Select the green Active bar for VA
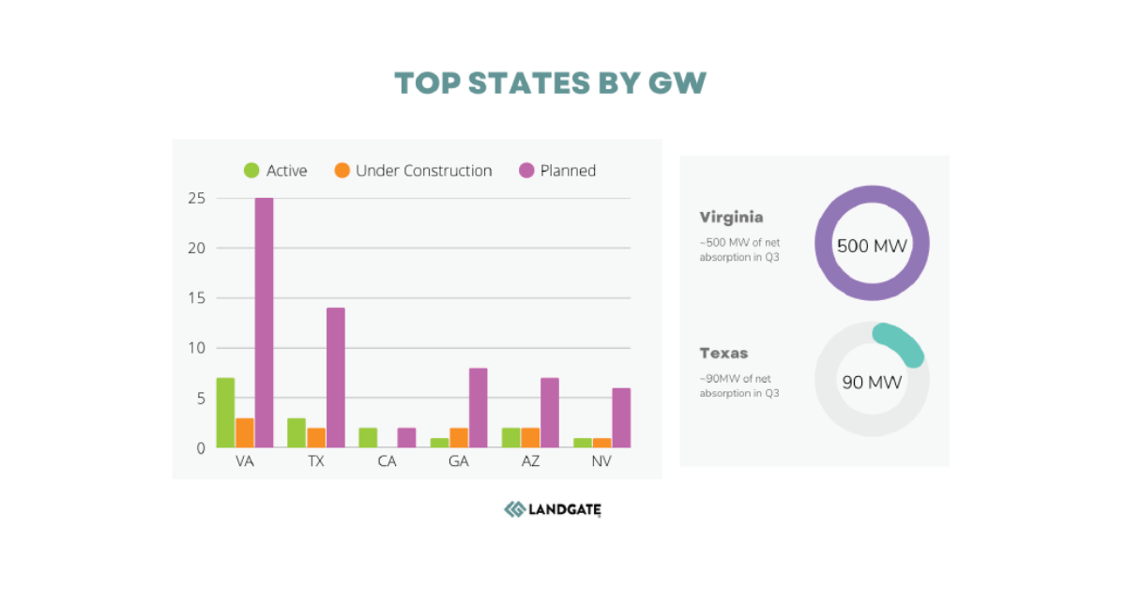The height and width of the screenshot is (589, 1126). pyautogui.click(x=225, y=413)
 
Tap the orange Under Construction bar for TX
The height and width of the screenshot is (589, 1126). pyautogui.click(x=315, y=438)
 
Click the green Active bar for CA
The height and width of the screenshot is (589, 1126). pyautogui.click(x=368, y=438)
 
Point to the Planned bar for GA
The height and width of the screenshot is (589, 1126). pyautogui.click(x=478, y=408)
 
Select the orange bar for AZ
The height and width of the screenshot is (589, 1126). pyautogui.click(x=530, y=438)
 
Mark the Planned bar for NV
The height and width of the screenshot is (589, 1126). pyautogui.click(x=621, y=418)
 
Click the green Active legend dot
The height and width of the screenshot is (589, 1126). pyautogui.click(x=251, y=171)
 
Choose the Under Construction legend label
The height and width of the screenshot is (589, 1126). pyautogui.click(x=423, y=171)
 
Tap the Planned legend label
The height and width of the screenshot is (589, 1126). pyautogui.click(x=568, y=171)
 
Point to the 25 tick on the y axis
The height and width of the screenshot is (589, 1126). pyautogui.click(x=196, y=198)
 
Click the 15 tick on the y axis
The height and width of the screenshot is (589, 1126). pyautogui.click(x=196, y=298)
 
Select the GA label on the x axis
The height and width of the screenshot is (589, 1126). pyautogui.click(x=459, y=462)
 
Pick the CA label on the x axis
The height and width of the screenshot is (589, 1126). pyautogui.click(x=387, y=462)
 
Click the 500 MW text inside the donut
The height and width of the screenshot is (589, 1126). pyautogui.click(x=872, y=246)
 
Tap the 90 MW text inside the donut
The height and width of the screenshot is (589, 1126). pyautogui.click(x=872, y=382)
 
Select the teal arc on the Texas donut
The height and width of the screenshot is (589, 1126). pyautogui.click(x=903, y=342)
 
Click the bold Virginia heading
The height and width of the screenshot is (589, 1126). pyautogui.click(x=731, y=218)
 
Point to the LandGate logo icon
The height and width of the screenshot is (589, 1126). pyautogui.click(x=515, y=509)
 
